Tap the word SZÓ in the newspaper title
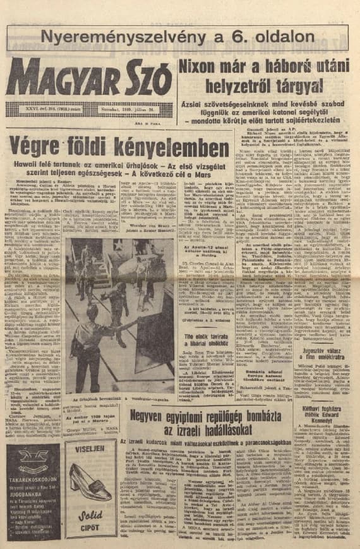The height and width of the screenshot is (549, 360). tap(141, 80)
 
